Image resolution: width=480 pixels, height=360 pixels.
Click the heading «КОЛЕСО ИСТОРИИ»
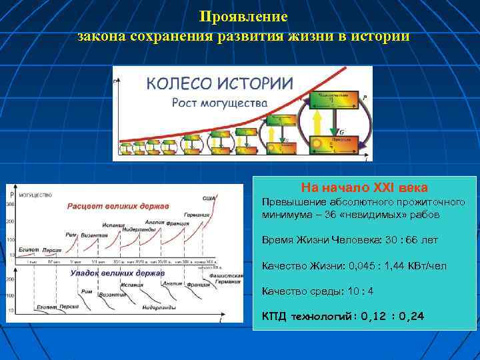coord(219,83)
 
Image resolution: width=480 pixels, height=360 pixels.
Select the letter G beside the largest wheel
coord(342,132)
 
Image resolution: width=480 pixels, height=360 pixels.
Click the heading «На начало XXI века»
coord(364,187)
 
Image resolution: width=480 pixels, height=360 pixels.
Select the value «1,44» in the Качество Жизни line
coord(396,265)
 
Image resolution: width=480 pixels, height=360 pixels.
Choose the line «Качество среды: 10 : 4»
coord(317,291)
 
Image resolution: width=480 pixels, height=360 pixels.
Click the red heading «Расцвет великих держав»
coord(118,205)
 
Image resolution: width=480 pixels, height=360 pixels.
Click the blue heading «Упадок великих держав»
coord(117,273)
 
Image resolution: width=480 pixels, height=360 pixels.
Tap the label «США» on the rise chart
coord(209,198)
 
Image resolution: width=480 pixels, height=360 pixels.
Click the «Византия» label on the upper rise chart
coord(94,235)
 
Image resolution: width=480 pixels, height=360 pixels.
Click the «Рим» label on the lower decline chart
coord(87,291)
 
